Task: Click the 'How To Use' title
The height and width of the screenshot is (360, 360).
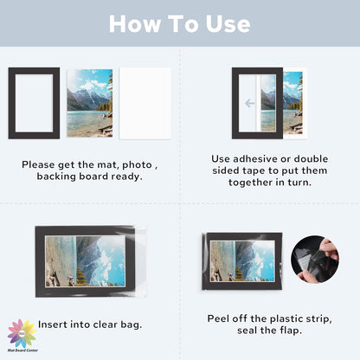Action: tap(180, 23)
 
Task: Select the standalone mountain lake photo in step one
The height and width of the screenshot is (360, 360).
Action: tap(89, 102)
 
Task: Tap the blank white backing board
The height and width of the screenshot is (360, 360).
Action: tap(144, 102)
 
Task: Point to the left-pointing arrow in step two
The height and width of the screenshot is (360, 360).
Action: tap(250, 102)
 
